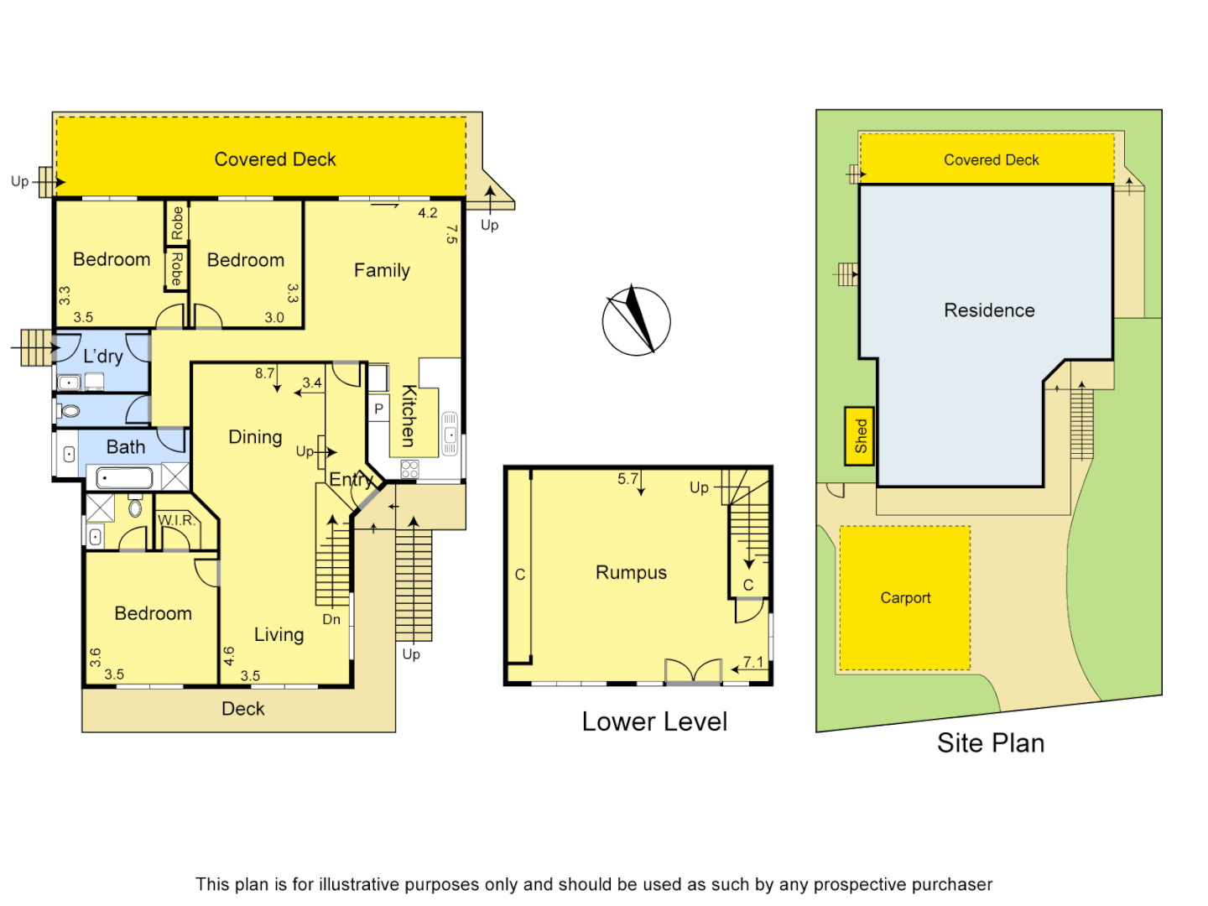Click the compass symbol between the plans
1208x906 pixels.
636,321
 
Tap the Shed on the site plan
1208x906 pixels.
860,435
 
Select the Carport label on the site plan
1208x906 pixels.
905,598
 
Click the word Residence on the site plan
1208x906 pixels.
989,310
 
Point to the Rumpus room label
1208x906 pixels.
631,573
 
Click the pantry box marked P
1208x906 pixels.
379,409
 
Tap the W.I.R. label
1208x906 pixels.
176,521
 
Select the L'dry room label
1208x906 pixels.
103,357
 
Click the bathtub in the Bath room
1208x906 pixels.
124,479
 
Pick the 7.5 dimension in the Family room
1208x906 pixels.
451,234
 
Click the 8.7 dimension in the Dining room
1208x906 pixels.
265,373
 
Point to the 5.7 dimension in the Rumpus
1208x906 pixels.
627,479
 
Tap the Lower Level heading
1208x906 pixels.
654,721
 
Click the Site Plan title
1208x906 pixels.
990,743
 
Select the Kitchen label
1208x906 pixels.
409,415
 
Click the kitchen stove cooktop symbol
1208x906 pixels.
409,469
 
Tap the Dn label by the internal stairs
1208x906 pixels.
331,620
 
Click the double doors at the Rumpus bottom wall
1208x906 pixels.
693,672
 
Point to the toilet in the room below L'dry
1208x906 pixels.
70,411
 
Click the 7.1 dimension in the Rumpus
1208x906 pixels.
753,663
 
